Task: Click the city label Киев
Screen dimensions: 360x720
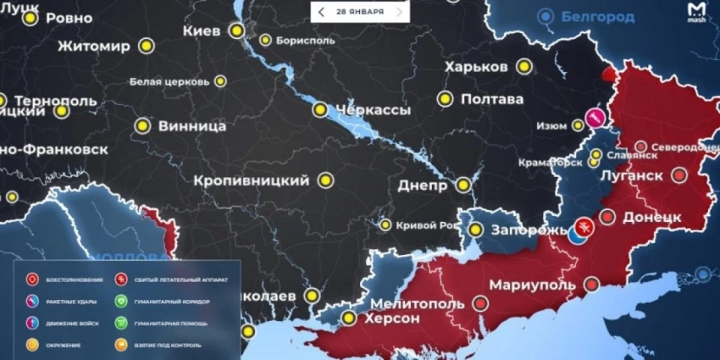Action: point(202,30)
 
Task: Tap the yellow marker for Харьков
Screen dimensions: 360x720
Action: point(524,66)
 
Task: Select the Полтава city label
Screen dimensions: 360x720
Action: point(493,99)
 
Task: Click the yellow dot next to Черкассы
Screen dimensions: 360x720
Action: point(320,109)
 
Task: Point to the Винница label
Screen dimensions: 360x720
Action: point(191,126)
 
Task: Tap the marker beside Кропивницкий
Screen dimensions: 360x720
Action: point(325,180)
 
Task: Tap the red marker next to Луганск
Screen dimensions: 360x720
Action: point(679,175)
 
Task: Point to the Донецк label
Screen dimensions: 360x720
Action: point(652,217)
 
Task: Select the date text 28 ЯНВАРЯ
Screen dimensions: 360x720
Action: point(359,12)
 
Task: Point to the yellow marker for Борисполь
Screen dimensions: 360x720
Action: point(265,40)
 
